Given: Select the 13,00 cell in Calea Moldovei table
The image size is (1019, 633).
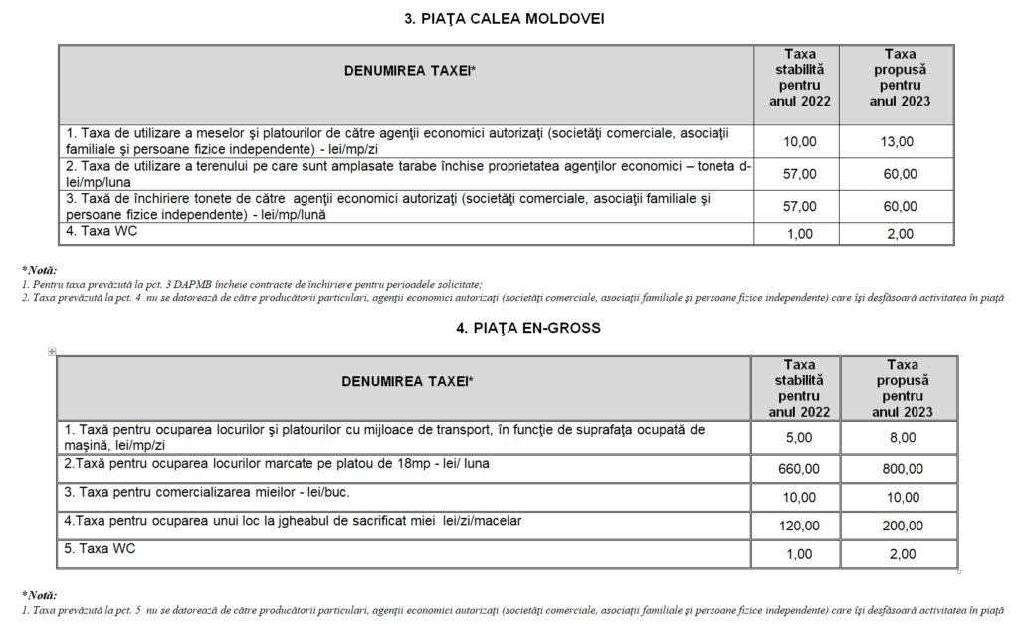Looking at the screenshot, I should point(897,142).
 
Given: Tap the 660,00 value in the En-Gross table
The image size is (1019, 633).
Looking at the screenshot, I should point(800,469).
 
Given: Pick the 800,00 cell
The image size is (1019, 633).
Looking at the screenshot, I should point(902,469).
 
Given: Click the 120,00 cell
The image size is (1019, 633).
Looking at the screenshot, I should point(800,526).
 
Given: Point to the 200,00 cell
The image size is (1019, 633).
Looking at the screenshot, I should point(902,526).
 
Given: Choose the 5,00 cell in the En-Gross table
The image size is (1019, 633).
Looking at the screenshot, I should point(800,437).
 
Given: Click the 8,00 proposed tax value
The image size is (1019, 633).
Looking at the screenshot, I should point(902,437).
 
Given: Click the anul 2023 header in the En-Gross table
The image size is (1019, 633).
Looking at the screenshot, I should point(902,411).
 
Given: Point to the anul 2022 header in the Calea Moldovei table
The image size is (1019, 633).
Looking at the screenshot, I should point(800,101).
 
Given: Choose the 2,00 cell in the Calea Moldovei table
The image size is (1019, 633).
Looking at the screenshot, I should point(897,234).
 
